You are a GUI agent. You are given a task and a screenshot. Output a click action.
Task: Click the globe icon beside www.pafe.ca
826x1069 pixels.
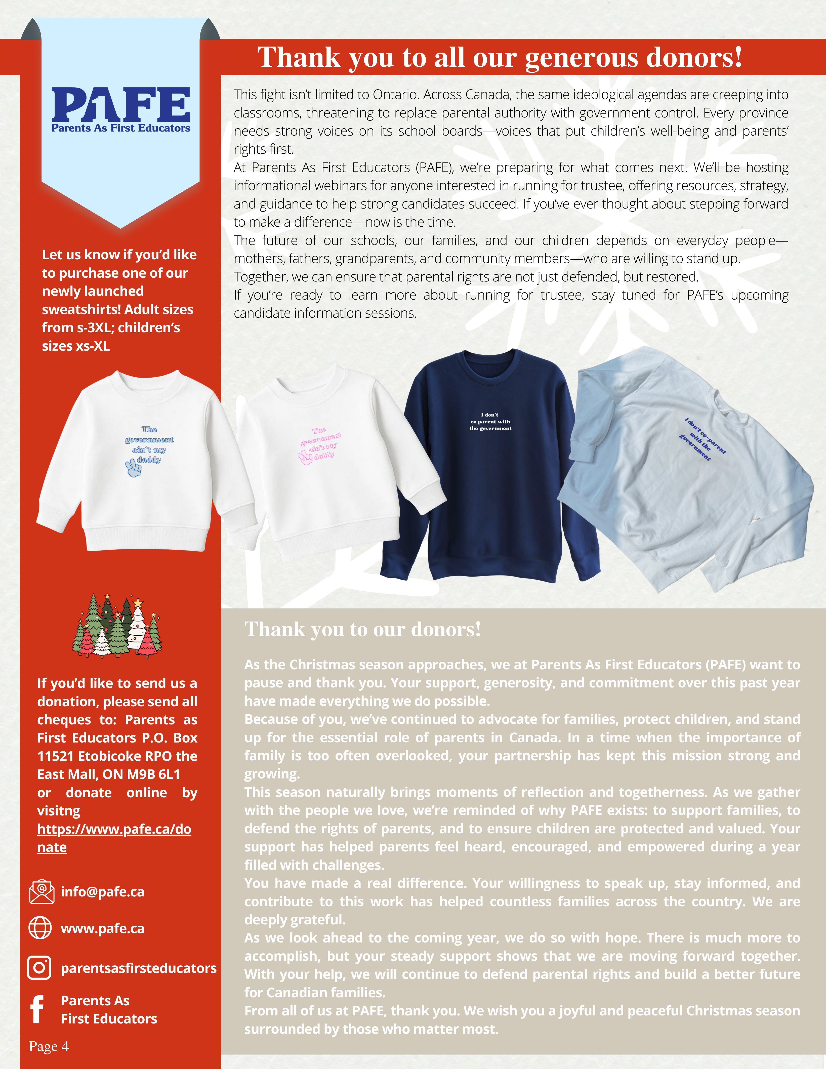40,928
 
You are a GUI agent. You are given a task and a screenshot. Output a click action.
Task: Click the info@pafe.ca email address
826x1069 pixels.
102,892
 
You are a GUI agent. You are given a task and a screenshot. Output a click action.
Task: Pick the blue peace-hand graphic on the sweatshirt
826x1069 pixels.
133,468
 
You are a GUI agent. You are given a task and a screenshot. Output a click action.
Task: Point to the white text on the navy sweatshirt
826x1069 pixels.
490,421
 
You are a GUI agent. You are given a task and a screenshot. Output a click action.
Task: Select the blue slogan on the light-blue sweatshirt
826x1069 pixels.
703,439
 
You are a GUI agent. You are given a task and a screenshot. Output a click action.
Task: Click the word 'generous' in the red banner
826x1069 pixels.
582,58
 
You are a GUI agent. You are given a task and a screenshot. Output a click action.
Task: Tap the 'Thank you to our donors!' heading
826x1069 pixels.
363,630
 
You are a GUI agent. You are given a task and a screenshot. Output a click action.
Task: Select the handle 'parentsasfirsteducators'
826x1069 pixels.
139,968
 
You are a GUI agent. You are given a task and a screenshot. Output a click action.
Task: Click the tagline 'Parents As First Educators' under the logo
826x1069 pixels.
121,128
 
